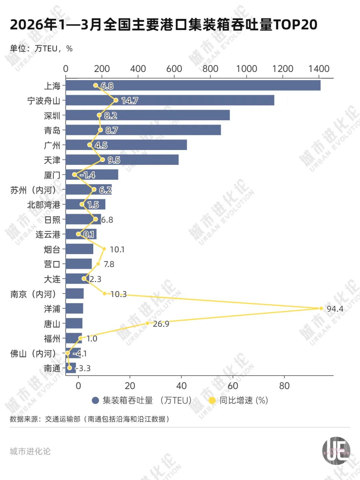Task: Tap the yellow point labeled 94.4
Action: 321,308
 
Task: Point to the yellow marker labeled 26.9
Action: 147,323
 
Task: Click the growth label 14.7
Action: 130,101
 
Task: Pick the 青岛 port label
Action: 52,130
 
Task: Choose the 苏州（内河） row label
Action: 33,190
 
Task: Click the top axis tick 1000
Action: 247,69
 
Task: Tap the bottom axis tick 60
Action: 233,386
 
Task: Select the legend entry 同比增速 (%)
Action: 243,400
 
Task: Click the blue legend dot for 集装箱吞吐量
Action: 96,400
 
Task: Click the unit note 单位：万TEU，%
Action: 41,49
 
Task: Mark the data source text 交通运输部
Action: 63,419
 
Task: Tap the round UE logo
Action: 336,451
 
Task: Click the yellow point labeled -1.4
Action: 74,175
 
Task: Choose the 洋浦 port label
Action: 52,309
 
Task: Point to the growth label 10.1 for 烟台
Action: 117,249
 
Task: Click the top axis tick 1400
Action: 319,69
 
